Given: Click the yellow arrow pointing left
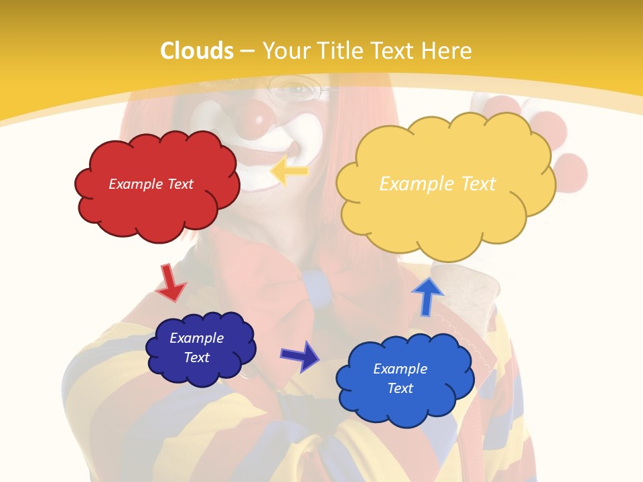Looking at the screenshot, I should point(289,171).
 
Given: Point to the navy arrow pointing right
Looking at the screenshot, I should point(300,355).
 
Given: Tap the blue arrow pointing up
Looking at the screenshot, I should point(427,296).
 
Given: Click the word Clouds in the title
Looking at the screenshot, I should point(197,51).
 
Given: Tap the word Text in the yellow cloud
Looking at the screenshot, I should point(478,184).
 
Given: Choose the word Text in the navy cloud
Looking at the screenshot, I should point(197,357).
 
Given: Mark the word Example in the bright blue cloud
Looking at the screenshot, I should point(400,369).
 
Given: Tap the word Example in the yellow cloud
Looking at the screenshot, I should point(411,184).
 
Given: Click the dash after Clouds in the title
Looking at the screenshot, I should point(247,51).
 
